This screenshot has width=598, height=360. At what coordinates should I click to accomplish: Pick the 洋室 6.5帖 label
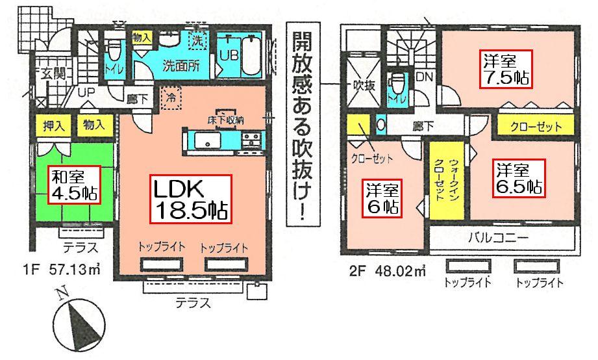pos(518,179)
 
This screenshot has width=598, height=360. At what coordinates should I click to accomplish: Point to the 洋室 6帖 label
pos(380,198)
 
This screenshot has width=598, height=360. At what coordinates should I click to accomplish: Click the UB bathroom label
pos(228,55)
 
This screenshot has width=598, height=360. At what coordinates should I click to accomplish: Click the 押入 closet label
pos(55,125)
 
